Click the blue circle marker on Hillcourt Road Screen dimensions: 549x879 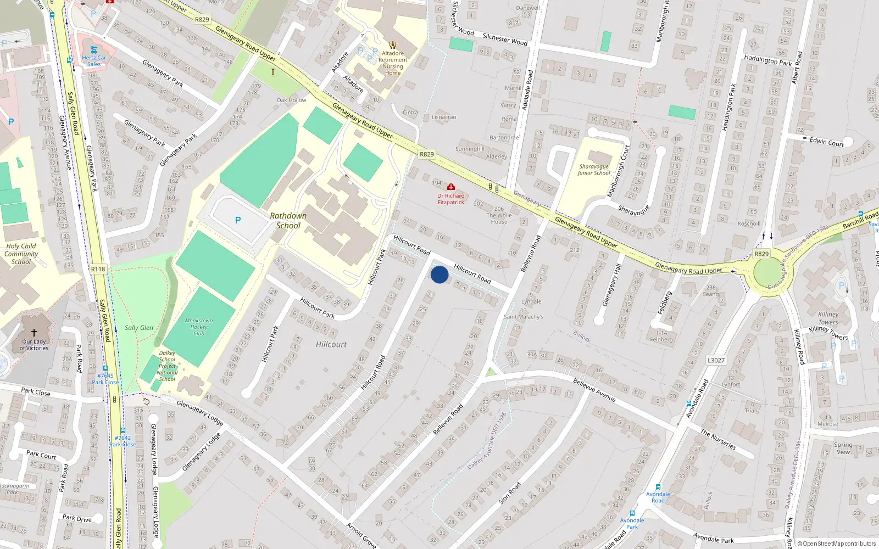[439, 274]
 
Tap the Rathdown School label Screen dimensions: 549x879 [288, 221]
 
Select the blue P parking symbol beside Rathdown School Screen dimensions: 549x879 [238, 220]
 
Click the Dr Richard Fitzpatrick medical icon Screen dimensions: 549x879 [451, 187]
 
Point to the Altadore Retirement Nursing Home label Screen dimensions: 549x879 [393, 63]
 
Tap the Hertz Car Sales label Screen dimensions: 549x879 [94, 60]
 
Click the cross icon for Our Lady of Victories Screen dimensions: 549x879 [34, 333]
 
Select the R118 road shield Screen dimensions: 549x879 [98, 269]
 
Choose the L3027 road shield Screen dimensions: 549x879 [716, 360]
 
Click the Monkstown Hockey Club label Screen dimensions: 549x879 [199, 327]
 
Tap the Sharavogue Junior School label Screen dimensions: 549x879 [594, 170]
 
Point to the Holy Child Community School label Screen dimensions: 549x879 [21, 254]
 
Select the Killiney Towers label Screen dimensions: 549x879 [828, 318]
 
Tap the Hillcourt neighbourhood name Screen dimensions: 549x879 [331, 344]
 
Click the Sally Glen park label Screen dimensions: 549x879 [139, 328]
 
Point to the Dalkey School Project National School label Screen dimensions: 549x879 [167, 366]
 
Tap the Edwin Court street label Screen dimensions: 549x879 [827, 142]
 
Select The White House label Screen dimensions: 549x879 [499, 219]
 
